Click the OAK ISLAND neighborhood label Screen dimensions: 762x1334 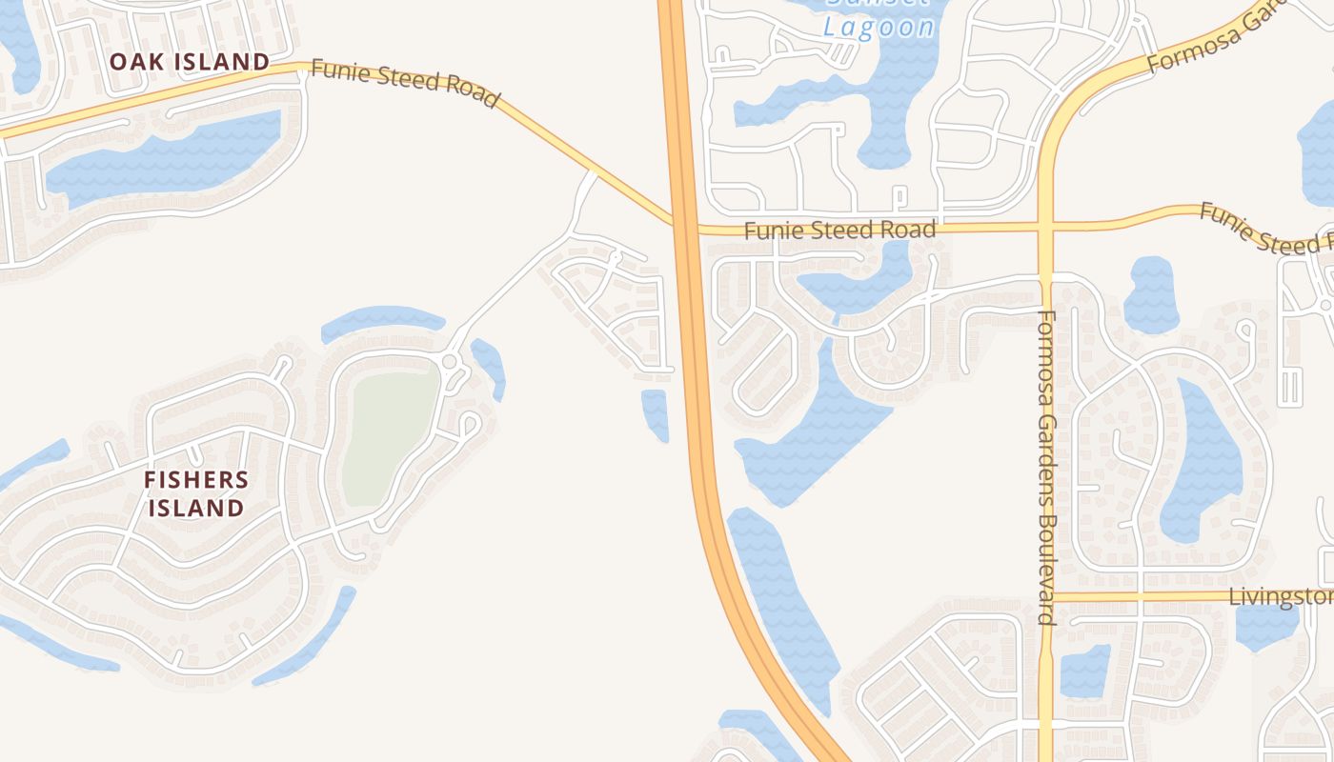[x=189, y=62]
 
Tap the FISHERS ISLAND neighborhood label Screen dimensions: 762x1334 [x=196, y=493]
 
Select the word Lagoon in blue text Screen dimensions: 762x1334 [x=879, y=26]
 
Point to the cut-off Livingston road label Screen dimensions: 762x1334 [x=1281, y=597]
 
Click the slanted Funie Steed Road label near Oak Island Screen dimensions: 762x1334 [x=405, y=84]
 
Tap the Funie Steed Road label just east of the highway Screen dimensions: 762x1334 [x=839, y=230]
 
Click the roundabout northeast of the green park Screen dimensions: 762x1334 [x=449, y=361]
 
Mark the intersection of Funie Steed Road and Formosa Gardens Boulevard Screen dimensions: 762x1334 [x=1046, y=228]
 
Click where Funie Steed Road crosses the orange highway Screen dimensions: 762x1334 [x=685, y=228]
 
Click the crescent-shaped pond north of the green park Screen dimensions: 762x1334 [x=381, y=320]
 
